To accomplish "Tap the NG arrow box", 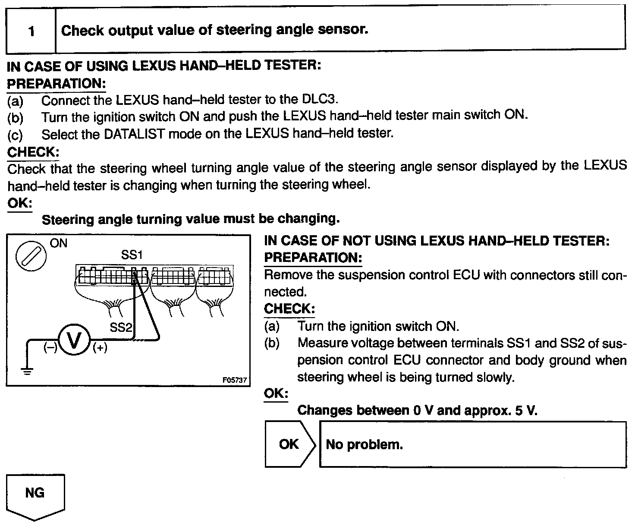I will click(35, 495).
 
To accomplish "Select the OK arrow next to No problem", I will click(289, 444).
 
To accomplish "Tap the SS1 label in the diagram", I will click(132, 255).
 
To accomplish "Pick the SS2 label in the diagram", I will click(120, 327).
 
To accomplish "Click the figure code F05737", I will click(234, 380).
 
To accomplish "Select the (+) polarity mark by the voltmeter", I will click(100, 347).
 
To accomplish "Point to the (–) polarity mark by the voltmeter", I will click(50, 347).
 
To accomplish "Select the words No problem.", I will click(364, 444).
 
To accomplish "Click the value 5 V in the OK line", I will click(526, 410).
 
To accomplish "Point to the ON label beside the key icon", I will click(59, 243).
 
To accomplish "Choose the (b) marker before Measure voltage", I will click(272, 343).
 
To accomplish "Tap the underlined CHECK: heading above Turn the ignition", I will click(289, 309).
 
